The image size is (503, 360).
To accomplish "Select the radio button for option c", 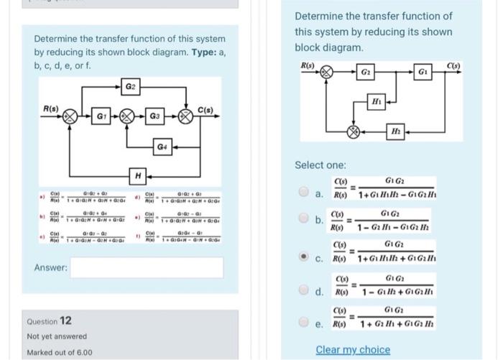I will pos(306,255).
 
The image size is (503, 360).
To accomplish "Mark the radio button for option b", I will pos(306,223).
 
